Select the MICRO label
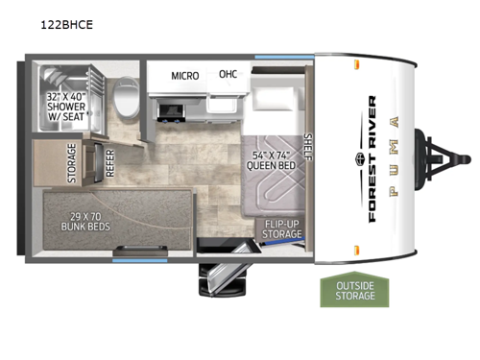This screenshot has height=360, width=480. coord(185,75)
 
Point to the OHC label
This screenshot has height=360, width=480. coord(228,74)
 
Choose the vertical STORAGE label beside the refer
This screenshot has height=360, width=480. coord(72,164)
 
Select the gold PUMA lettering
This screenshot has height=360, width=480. coord(393,159)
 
